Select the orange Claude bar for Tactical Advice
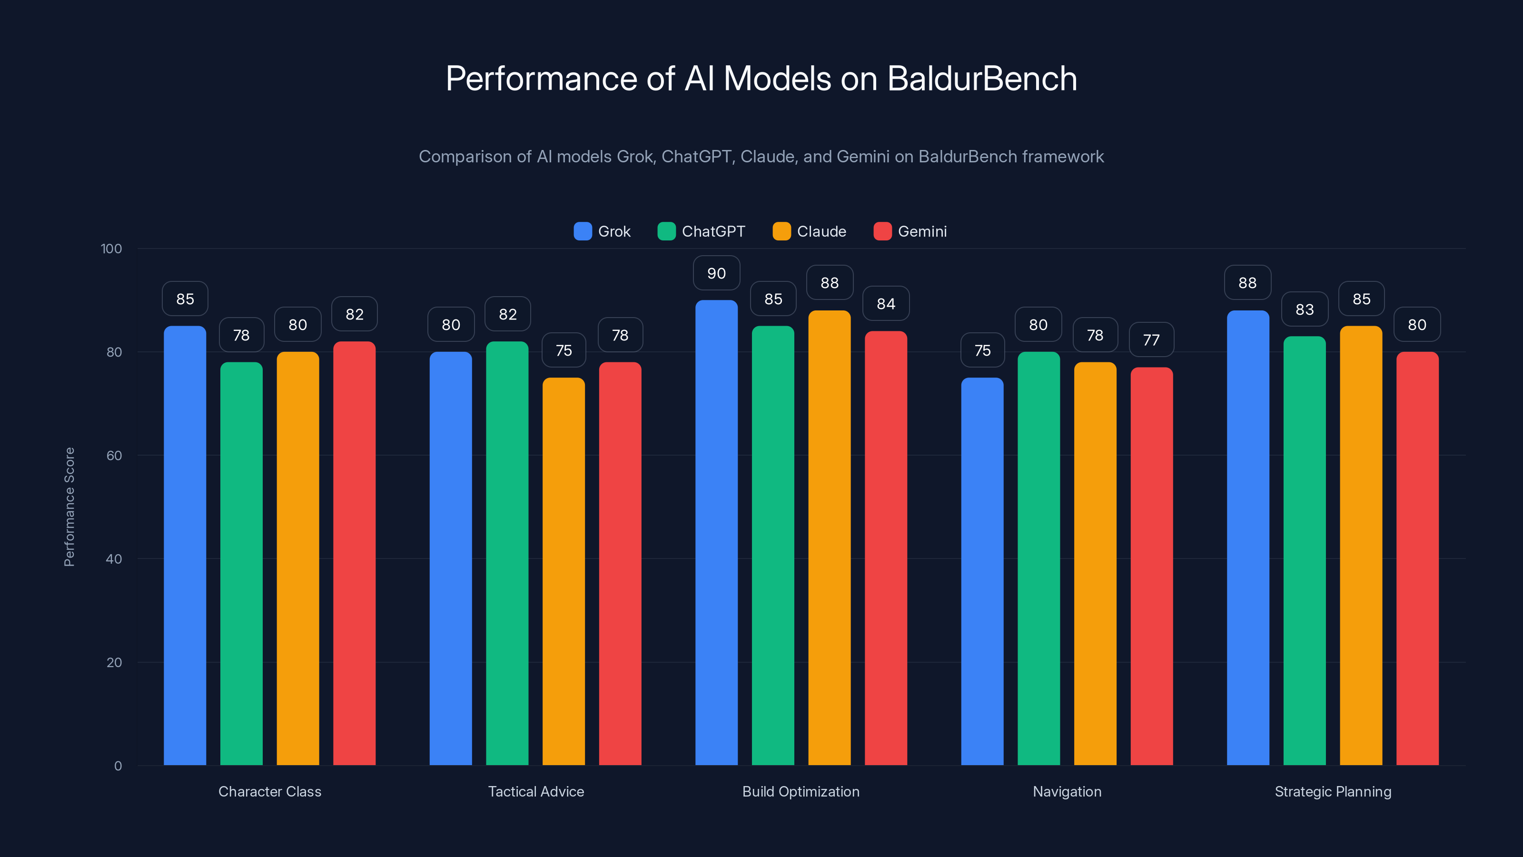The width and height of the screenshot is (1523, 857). (x=564, y=571)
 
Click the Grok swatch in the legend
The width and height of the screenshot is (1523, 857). (x=583, y=231)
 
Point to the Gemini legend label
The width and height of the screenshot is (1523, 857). (x=922, y=231)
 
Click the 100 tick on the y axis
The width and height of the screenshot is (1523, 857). (x=111, y=249)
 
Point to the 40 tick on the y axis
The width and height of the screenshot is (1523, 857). (x=114, y=559)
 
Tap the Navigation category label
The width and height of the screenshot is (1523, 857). (x=1067, y=791)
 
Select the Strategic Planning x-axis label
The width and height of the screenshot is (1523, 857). (x=1333, y=791)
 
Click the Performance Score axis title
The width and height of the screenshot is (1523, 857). (x=69, y=507)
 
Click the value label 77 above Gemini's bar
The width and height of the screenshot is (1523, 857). (x=1151, y=340)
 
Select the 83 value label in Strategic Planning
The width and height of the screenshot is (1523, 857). (x=1304, y=309)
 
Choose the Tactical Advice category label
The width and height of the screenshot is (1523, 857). (x=535, y=791)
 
